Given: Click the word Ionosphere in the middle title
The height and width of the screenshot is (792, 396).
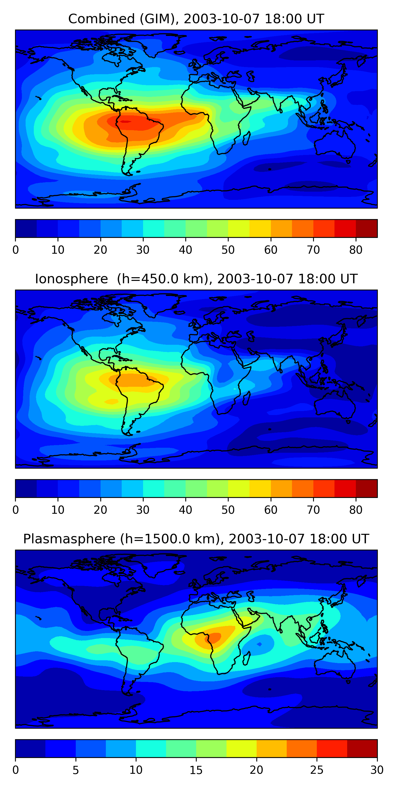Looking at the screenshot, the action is (x=72, y=279).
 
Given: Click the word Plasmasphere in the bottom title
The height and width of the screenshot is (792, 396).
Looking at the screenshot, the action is (x=69, y=539).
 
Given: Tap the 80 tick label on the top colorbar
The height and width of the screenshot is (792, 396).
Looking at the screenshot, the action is (x=356, y=250).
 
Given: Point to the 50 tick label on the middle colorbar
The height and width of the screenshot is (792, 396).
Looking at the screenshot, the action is (x=228, y=510).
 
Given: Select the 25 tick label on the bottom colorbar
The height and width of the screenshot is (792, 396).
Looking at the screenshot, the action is (x=317, y=770).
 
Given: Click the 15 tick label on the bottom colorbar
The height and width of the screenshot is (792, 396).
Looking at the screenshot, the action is (x=196, y=770).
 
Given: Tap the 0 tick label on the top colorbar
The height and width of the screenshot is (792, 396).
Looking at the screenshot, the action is (x=16, y=250).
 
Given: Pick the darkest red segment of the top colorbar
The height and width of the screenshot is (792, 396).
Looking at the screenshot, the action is (x=366, y=228).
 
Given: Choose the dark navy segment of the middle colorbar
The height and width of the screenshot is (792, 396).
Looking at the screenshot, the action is (x=26, y=489).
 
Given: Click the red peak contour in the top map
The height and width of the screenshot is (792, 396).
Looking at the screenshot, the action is (x=125, y=122).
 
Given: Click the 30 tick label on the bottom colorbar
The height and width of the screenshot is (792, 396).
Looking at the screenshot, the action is (x=377, y=770).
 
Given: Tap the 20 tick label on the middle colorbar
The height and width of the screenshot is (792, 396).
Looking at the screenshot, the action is (x=100, y=510).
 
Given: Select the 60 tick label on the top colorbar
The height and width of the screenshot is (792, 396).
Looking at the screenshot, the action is (x=271, y=250).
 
